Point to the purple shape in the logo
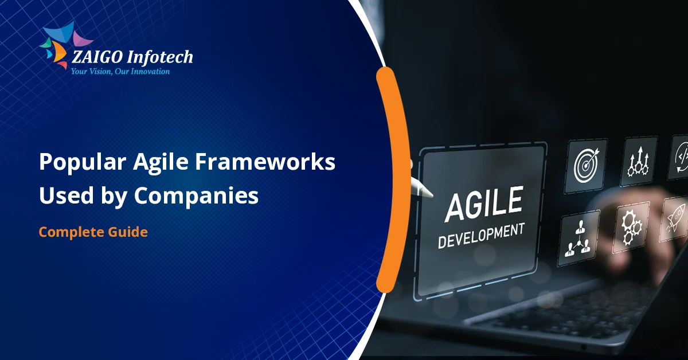[x=83, y=40]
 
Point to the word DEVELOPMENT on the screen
[x=480, y=236]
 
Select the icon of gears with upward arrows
[x=638, y=157]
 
